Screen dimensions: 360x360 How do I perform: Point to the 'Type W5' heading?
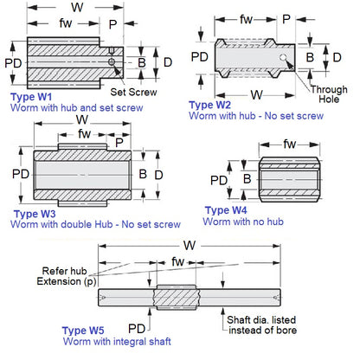[85, 331]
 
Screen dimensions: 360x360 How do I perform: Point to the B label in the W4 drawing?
[247, 179]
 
